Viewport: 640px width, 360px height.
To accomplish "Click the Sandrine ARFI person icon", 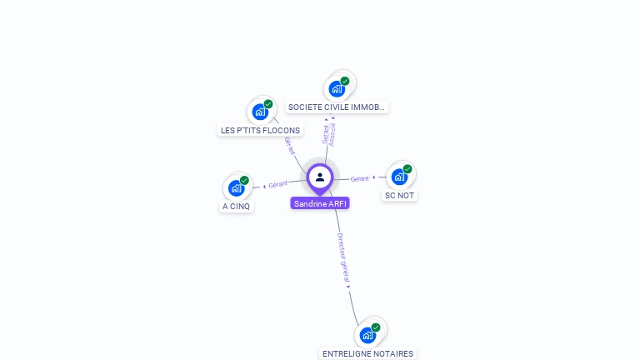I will coord(320,177).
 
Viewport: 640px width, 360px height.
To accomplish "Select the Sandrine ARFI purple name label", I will coord(320,203).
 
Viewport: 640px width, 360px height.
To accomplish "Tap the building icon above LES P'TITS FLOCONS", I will coord(261,112).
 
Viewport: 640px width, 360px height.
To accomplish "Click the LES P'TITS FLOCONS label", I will coord(260,130).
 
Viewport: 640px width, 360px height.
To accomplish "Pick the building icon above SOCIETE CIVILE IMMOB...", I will coord(337,88).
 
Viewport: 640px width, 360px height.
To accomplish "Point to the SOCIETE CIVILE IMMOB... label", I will coord(337,107).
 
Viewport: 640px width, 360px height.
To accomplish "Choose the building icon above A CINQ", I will coord(237,187).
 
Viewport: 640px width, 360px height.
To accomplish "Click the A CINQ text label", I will coord(237,206).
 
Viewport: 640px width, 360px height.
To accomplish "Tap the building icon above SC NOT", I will coord(400,177).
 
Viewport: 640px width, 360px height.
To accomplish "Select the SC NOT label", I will coord(399,195).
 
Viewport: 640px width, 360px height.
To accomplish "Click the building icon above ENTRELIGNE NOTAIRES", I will coord(367,335).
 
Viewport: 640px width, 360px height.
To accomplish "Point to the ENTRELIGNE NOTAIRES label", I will coord(367,353).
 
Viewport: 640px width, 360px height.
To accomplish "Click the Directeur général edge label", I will coord(343,259).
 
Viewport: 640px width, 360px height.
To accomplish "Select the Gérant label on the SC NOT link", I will coord(360,178).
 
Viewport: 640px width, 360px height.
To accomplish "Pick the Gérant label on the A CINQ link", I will coord(278,183).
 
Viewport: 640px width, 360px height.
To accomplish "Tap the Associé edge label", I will coord(333,133).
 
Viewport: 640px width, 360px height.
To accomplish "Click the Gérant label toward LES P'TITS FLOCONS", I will coord(290,146).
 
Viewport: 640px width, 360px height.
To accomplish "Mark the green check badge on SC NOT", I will coord(407,169).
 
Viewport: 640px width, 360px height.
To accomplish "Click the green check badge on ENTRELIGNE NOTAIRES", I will coord(376,327).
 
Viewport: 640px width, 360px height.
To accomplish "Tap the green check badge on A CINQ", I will coord(244,180).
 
